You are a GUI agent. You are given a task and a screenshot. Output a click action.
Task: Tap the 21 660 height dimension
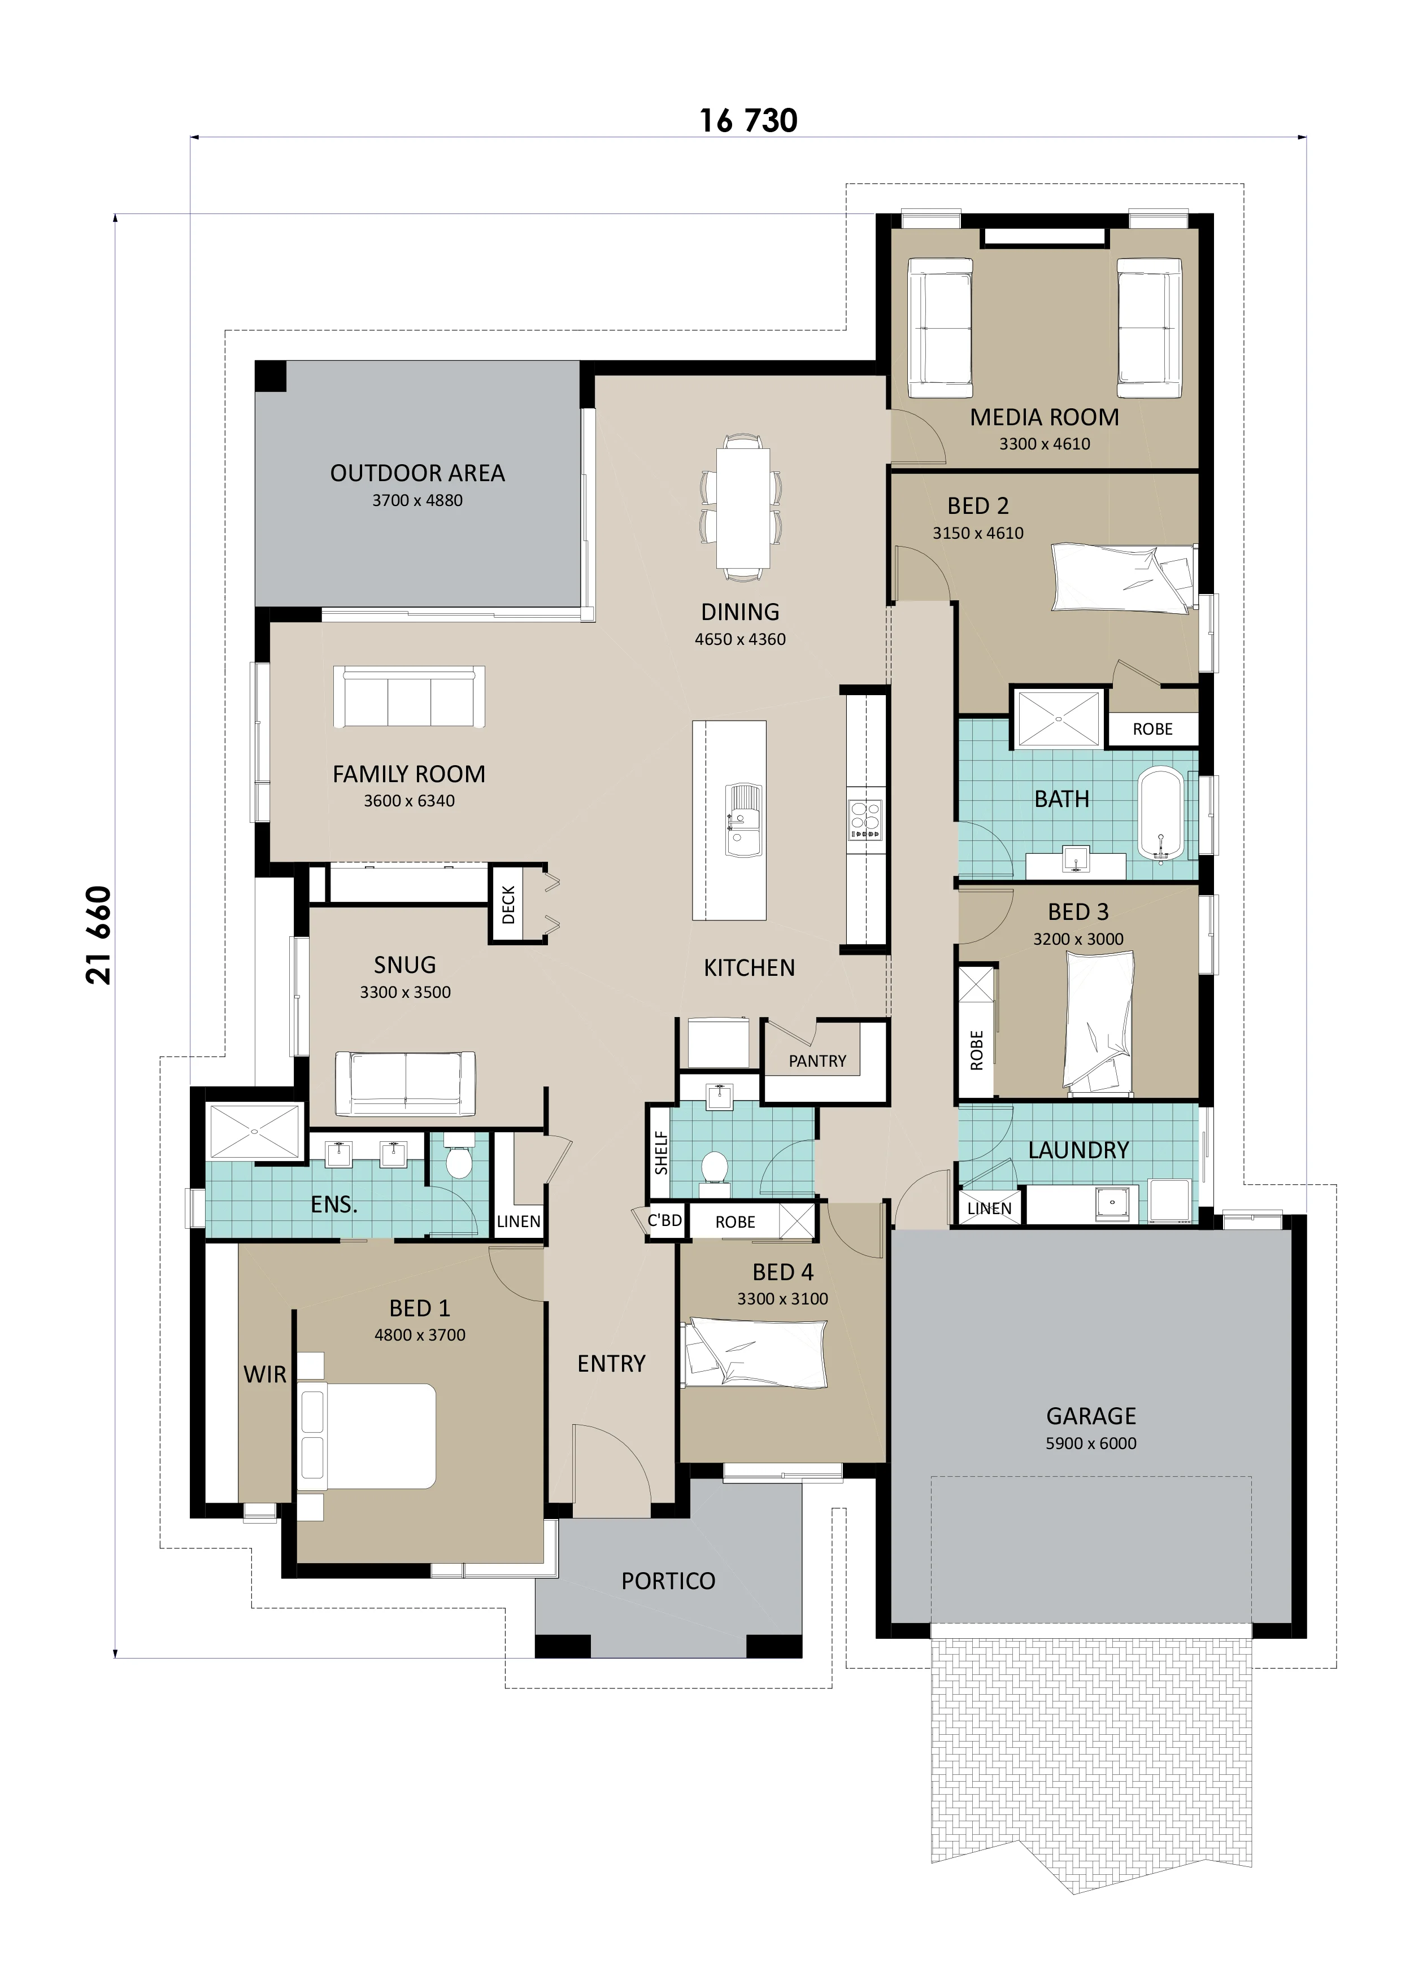[x=98, y=935]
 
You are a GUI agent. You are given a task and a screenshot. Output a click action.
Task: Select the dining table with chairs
[x=742, y=507]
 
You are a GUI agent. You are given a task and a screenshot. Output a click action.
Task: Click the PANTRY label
[x=817, y=1061]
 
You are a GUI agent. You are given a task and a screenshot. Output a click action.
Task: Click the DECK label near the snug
[x=508, y=904]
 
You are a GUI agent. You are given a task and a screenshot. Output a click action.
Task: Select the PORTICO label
[x=668, y=1581]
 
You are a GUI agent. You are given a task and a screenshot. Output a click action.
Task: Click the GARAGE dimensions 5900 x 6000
[x=1090, y=1443]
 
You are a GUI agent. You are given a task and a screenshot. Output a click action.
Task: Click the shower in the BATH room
[x=1058, y=718]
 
